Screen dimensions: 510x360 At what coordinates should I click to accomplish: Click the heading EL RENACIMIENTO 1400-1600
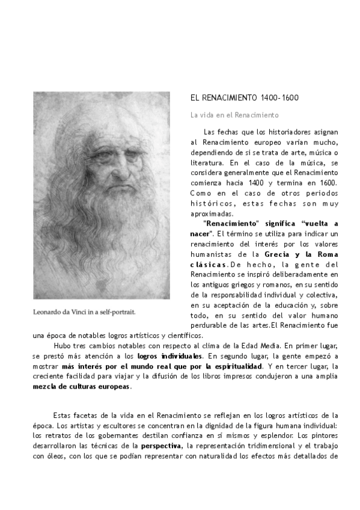[245, 98]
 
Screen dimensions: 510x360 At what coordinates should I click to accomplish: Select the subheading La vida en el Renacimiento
[234, 114]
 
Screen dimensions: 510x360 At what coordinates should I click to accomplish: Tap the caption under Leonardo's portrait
[84, 312]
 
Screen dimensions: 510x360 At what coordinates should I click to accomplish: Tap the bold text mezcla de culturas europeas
[81, 387]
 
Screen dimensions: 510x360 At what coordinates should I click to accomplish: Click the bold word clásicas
[209, 264]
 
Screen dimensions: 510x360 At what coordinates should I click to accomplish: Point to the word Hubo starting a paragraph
[63, 346]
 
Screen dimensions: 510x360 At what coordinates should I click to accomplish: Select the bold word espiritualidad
[231, 366]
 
